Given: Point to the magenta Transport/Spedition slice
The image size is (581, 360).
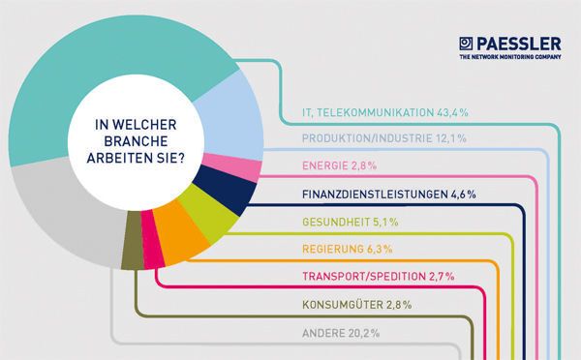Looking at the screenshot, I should coord(151,249).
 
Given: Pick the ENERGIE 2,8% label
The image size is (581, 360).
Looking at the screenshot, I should coord(330,166).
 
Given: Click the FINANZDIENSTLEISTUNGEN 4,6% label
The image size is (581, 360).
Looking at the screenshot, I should coord(382,195).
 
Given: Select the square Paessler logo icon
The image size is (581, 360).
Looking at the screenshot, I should coord(467,44).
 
